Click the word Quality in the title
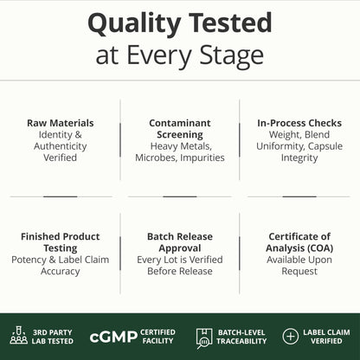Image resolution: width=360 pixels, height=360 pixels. tap(134, 24)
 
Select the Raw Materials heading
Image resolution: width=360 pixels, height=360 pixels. tap(61, 123)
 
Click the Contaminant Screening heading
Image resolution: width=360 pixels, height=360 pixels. tap(180, 129)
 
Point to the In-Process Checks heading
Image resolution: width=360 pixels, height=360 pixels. tap(299, 123)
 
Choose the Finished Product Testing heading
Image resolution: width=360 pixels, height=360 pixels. tap(61, 242)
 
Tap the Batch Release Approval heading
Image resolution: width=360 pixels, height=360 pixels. tap(180, 242)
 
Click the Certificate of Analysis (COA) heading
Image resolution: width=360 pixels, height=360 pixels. tap(299, 242)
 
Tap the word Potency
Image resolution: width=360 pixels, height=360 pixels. tap(29, 260)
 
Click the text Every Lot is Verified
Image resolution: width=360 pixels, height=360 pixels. tap(180, 260)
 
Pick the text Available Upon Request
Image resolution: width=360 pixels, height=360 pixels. tap(299, 266)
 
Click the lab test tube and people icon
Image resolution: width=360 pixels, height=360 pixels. tap(19, 336)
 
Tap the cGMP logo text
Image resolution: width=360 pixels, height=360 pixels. tap(113, 337)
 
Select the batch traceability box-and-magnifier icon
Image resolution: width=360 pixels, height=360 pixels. tap(204, 337)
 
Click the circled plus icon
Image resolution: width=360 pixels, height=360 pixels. tap(290, 337)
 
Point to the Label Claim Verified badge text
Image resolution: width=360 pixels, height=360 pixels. tap(326, 337)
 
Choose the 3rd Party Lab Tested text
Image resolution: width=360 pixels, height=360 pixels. tap(53, 337)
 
